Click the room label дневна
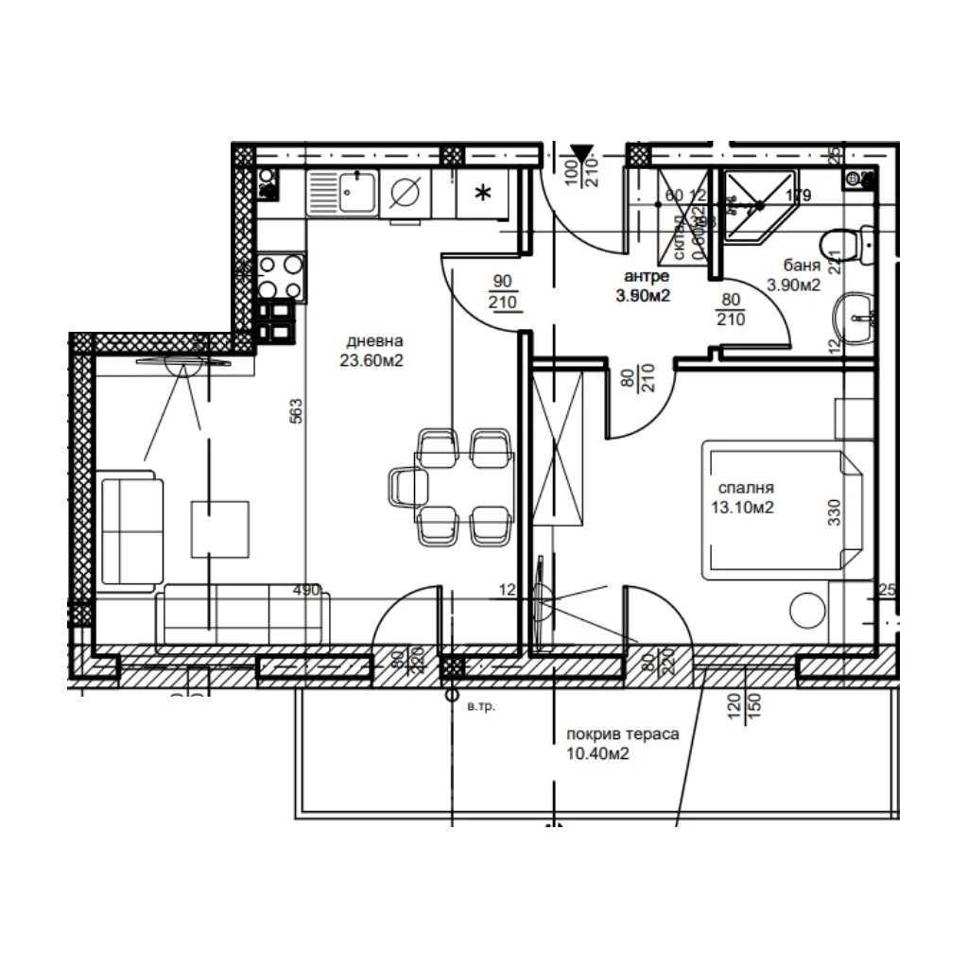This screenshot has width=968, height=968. [375, 341]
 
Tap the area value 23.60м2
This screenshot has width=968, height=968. [375, 359]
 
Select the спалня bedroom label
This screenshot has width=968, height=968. [746, 489]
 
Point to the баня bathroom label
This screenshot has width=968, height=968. [800, 267]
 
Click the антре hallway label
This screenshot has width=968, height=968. [647, 276]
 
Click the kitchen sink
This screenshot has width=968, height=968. [357, 196]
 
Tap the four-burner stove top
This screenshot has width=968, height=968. [280, 277]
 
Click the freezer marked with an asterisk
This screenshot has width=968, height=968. [481, 195]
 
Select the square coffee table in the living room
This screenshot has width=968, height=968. [219, 528]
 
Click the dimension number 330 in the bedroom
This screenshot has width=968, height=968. [834, 511]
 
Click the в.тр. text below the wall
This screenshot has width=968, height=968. [481, 706]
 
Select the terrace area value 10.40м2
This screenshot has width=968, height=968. [597, 753]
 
